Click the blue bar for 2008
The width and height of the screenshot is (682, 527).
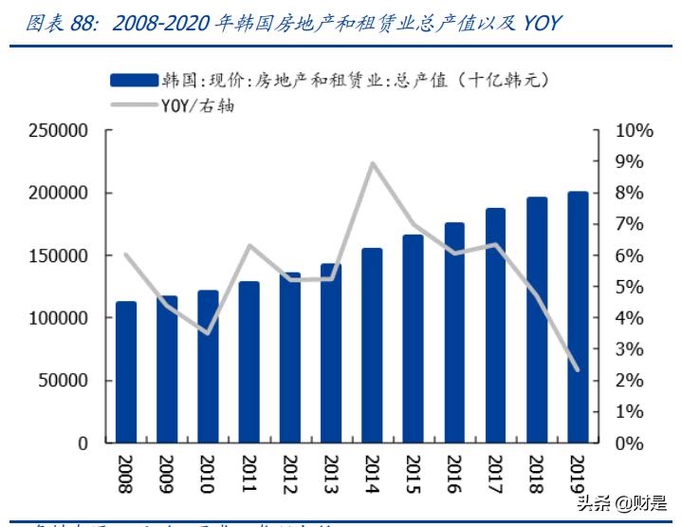pyautogui.click(x=126, y=372)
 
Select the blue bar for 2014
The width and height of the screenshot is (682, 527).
pyautogui.click(x=373, y=346)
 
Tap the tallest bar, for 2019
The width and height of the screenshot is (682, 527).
pyautogui.click(x=578, y=317)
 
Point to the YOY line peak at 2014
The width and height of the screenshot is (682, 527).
pyautogui.click(x=373, y=163)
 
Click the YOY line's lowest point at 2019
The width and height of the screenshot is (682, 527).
pyautogui.click(x=578, y=370)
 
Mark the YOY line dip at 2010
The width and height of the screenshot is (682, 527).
pyautogui.click(x=209, y=333)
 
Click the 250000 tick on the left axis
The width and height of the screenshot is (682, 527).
pyautogui.click(x=57, y=131)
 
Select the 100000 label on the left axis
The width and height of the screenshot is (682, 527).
pyautogui.click(x=57, y=318)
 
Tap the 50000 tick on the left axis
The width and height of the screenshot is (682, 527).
pyautogui.click(x=62, y=381)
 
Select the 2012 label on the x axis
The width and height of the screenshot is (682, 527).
pyautogui.click(x=290, y=473)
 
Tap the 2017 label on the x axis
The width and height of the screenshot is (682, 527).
pyautogui.click(x=495, y=473)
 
